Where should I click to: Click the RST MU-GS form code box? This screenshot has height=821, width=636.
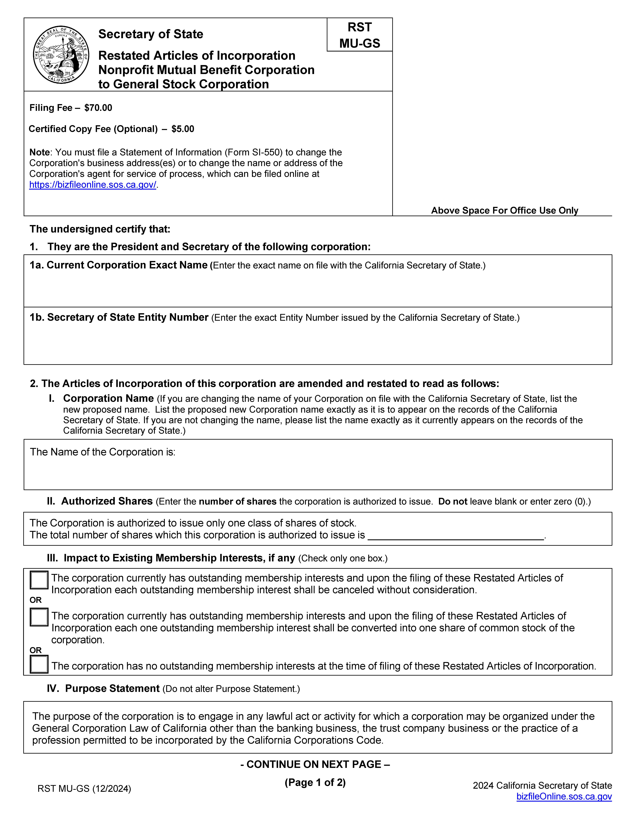360,35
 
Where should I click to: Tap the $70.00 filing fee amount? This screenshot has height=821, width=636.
98,108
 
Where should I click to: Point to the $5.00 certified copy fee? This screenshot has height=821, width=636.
183,129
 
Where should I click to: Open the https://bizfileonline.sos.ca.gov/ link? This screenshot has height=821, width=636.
92,185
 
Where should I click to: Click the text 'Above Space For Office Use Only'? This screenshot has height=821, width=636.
504,210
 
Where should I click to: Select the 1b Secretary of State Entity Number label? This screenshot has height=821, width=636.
119,318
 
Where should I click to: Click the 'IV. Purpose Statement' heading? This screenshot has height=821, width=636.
103,688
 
